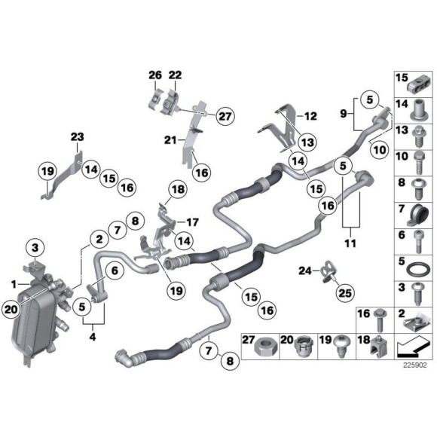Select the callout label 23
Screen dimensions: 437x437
(78, 136)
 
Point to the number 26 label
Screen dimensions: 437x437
(155, 75)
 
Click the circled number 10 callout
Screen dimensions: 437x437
(379, 149)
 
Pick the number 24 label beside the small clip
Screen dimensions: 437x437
(304, 270)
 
